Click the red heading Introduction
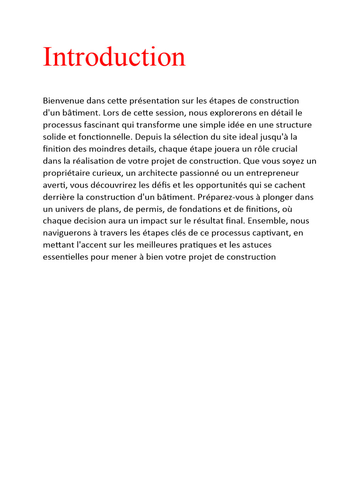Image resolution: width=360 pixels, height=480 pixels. click(114, 57)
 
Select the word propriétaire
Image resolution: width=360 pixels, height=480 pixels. click(66, 173)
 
